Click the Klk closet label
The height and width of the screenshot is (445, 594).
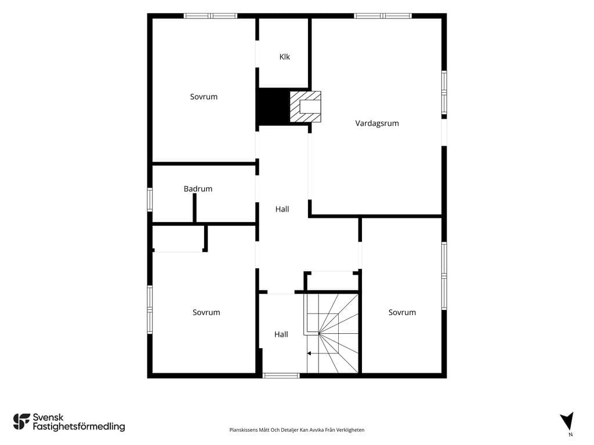[284, 57]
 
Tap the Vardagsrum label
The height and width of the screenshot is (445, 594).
[377, 123]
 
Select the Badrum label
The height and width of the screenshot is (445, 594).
[198, 189]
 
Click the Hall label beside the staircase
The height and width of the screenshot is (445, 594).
[281, 334]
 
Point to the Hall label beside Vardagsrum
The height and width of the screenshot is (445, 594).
[282, 209]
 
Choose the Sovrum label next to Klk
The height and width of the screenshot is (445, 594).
[204, 97]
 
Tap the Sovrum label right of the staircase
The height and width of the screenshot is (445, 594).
[402, 312]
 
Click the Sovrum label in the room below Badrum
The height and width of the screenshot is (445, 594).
[206, 312]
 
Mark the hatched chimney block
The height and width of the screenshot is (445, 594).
[305, 107]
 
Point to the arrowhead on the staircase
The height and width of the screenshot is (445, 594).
[309, 353]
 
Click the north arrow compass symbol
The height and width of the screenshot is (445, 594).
[567, 421]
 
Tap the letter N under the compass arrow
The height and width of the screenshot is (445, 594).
[571, 435]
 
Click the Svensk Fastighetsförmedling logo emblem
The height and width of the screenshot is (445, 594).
[21, 422]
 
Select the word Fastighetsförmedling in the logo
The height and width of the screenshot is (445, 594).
[79, 427]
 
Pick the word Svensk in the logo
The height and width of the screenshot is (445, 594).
[48, 417]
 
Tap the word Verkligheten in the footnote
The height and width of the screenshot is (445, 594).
[352, 430]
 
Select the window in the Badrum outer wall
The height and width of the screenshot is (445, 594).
[150, 199]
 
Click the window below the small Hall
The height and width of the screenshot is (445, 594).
[281, 375]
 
